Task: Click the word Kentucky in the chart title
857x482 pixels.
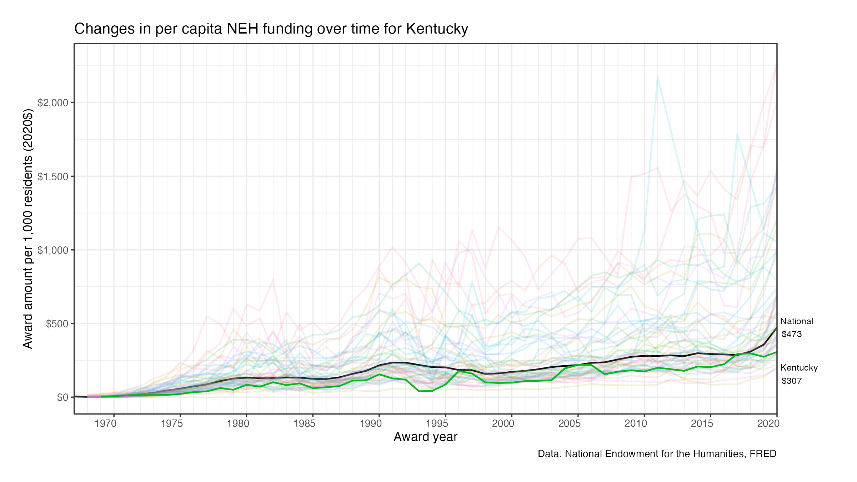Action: pyautogui.click(x=437, y=29)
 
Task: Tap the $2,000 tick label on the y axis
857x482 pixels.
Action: pyautogui.click(x=53, y=103)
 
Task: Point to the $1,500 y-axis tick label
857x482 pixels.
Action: pyautogui.click(x=53, y=177)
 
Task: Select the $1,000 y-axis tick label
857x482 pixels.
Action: pyautogui.click(x=53, y=250)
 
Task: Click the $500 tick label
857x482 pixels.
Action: pyautogui.click(x=57, y=324)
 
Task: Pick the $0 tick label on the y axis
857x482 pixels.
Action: pyautogui.click(x=62, y=397)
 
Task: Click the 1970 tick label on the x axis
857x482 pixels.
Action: pyautogui.click(x=106, y=423)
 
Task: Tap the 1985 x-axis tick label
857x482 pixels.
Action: pyautogui.click(x=305, y=423)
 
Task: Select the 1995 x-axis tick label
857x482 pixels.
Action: pyautogui.click(x=437, y=423)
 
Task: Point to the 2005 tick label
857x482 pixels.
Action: pyautogui.click(x=570, y=423)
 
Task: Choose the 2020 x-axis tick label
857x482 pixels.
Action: pyautogui.click(x=768, y=423)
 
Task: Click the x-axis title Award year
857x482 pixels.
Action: pyautogui.click(x=425, y=437)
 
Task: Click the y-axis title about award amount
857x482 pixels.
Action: pyautogui.click(x=28, y=229)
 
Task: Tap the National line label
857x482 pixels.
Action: pyautogui.click(x=797, y=321)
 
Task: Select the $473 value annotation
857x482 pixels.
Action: pyautogui.click(x=792, y=334)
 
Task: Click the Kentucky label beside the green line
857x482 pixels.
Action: pyautogui.click(x=799, y=368)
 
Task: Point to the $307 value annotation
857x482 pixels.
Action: pyautogui.click(x=792, y=381)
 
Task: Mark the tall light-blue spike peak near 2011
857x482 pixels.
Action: pyautogui.click(x=657, y=76)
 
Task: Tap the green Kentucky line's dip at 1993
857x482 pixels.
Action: pyautogui.click(x=419, y=391)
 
